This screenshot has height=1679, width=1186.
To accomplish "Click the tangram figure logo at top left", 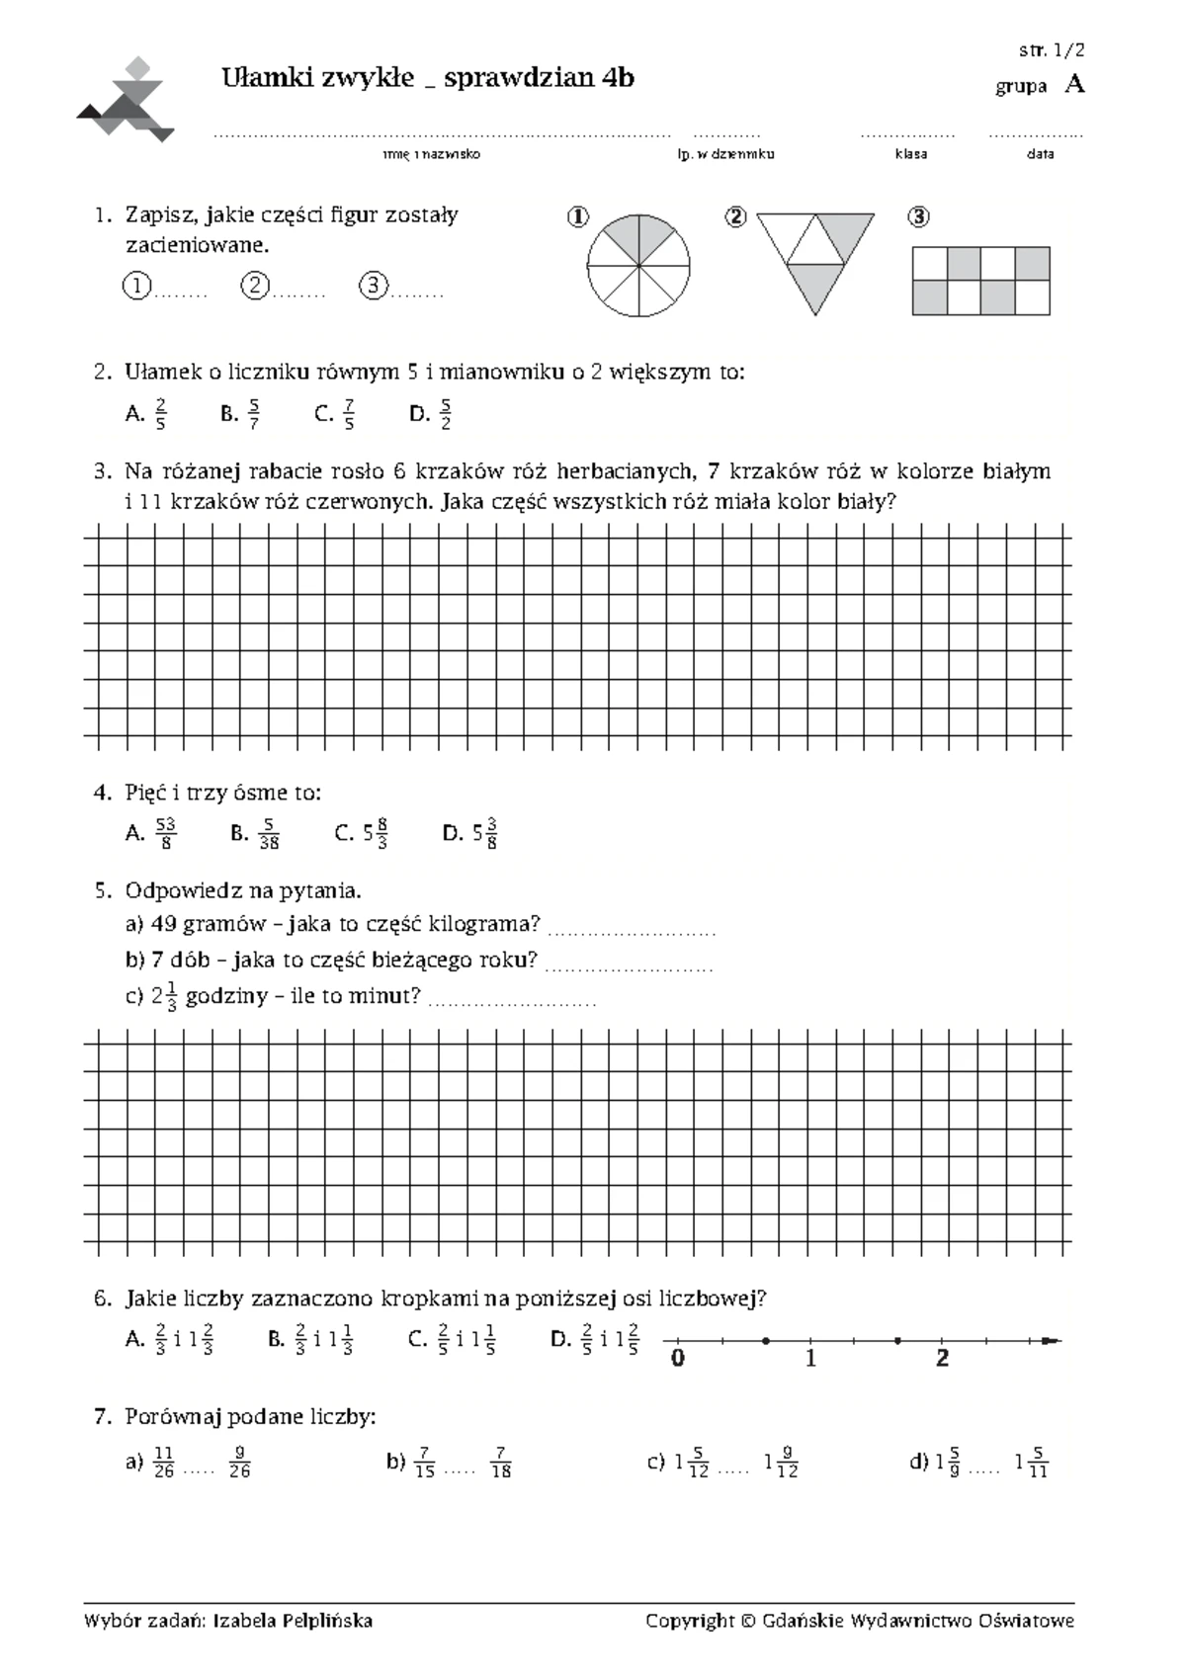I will [x=126, y=99].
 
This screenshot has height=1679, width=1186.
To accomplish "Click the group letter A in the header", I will [x=1074, y=85].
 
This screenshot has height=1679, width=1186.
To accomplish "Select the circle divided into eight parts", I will [x=638, y=266].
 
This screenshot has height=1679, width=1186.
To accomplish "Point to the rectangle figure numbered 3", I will [x=980, y=282].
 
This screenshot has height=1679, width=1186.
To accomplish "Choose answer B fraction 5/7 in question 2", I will [x=254, y=414].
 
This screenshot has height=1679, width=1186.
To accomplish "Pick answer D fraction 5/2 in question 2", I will [x=445, y=414].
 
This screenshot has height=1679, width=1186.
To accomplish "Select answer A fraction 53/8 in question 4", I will [x=166, y=833].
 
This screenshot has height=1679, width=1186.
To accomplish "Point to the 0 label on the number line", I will [x=677, y=1359].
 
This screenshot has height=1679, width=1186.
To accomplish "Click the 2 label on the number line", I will [x=942, y=1359].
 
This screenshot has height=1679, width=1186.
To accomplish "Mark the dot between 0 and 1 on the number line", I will [x=766, y=1341].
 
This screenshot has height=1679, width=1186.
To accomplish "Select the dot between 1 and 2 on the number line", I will [x=897, y=1341].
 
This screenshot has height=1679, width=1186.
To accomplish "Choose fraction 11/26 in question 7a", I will [x=165, y=1462].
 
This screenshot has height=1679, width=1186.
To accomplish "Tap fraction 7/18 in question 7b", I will [x=501, y=1462].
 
